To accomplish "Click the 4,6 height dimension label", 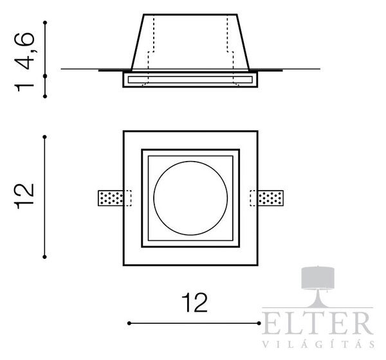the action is (26, 51).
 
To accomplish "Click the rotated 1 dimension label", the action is (24, 88).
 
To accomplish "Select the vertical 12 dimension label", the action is (24, 196).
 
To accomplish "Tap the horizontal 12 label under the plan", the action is (194, 302).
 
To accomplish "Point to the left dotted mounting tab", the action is (111, 198).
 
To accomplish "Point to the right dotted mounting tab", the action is (270, 198).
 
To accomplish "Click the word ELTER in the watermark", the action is (318, 323).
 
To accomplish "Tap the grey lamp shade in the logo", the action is (318, 278).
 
